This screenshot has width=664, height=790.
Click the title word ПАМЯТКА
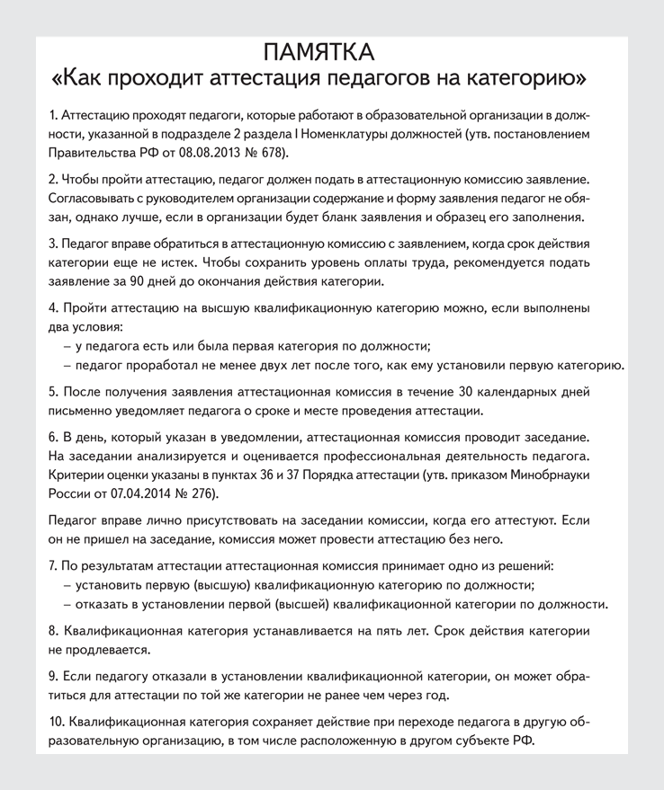pos(331,50)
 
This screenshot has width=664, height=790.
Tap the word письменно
pos(81,411)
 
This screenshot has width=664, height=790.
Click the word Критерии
pos(75,475)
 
